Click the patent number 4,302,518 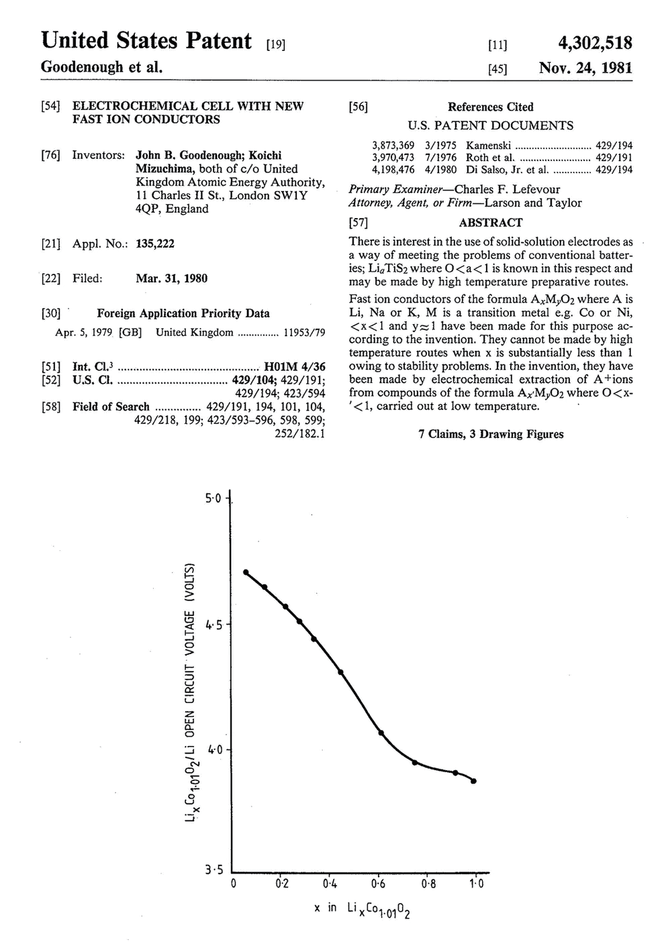[x=595, y=43]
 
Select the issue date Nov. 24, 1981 [x=585, y=68]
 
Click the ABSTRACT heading [x=490, y=223]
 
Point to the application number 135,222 [x=155, y=244]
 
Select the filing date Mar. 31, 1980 [x=171, y=278]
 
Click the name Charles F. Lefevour [x=507, y=189]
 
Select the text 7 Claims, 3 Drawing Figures [x=491, y=434]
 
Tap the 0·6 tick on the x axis [x=379, y=884]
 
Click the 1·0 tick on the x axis [x=476, y=884]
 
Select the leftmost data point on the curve [x=246, y=572]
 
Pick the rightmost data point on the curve [x=473, y=781]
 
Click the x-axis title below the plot [x=362, y=910]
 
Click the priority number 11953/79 [x=305, y=332]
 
